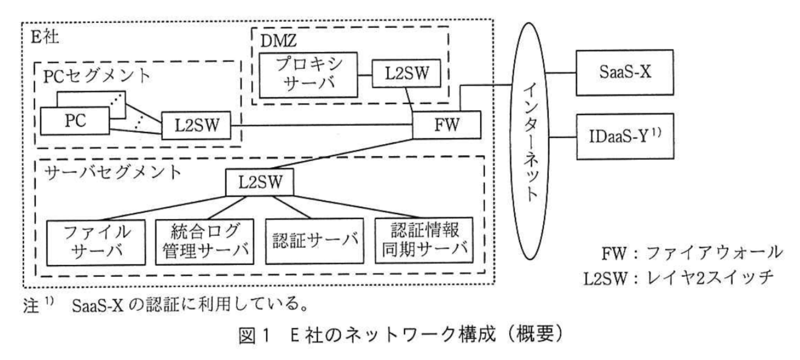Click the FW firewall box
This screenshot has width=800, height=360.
[446, 125]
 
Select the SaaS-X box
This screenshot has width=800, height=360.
[624, 72]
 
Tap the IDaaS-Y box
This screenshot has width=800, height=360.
[624, 136]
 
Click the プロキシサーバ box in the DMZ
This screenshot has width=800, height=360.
[309, 75]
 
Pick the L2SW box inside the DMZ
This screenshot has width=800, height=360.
[406, 74]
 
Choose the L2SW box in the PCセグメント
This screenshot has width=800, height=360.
[196, 125]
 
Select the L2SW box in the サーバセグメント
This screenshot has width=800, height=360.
[260, 182]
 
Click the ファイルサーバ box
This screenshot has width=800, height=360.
[96, 242]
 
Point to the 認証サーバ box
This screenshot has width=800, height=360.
[315, 241]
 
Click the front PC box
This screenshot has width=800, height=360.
[75, 121]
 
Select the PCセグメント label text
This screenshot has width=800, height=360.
[97, 76]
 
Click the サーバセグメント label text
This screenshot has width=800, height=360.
[113, 172]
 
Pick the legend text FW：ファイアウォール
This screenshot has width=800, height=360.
[691, 253]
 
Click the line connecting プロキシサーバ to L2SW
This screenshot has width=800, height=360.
[365, 75]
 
